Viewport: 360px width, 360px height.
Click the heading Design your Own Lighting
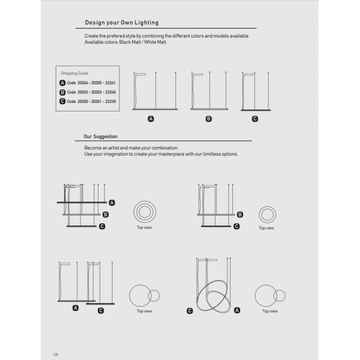pyautogui.click(x=121, y=22)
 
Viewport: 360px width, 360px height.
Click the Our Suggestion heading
pyautogui.click(x=100, y=136)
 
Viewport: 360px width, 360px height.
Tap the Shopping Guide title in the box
pyautogui.click(x=74, y=73)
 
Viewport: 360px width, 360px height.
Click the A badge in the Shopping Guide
pyautogui.click(x=62, y=83)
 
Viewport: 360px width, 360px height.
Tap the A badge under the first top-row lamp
pyautogui.click(x=151, y=119)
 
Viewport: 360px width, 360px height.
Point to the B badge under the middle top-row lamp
pyautogui.click(x=209, y=119)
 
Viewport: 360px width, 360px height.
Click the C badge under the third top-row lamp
pyautogui.click(x=255, y=119)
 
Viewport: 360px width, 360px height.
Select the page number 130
pyautogui.click(x=55, y=354)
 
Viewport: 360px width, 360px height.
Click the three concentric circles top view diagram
pyautogui.click(x=144, y=213)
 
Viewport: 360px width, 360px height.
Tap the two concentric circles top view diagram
pyautogui.click(x=267, y=214)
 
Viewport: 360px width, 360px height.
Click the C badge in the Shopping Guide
pyautogui.click(x=62, y=101)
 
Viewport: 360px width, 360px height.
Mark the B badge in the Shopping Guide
pyautogui.click(x=62, y=92)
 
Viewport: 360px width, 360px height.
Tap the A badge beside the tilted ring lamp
pyautogui.click(x=237, y=310)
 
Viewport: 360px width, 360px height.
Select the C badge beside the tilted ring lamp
pyautogui.click(x=190, y=310)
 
